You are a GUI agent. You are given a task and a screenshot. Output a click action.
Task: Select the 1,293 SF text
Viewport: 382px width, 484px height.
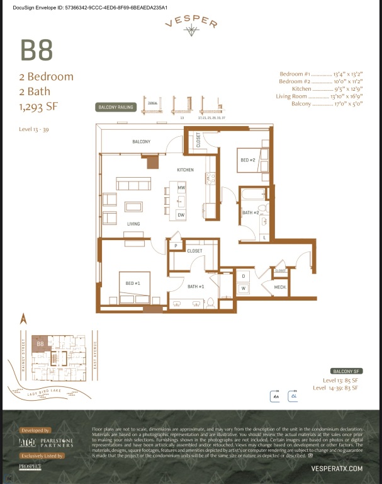(38, 107)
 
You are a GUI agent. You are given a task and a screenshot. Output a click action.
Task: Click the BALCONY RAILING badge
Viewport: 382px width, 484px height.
(116, 107)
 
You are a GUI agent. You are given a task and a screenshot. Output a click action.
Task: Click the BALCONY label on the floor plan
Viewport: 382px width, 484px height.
(141, 142)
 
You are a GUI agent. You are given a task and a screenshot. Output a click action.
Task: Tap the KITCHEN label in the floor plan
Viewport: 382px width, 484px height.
(185, 170)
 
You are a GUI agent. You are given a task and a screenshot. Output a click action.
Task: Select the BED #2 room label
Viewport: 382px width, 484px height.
(247, 160)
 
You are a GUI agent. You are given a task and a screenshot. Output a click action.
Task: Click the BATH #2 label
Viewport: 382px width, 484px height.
(251, 212)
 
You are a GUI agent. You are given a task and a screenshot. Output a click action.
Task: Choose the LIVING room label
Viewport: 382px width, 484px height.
(133, 224)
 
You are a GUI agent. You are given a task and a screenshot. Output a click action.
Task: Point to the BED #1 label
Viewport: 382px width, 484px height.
(132, 283)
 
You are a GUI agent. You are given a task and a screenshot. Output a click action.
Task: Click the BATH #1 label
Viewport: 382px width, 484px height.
(196, 287)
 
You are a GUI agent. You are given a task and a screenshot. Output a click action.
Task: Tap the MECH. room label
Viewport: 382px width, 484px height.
(280, 287)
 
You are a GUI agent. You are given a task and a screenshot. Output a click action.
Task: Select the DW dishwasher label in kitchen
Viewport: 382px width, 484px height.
(181, 215)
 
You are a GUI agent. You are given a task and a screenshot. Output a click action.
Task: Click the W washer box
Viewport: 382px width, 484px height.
(243, 288)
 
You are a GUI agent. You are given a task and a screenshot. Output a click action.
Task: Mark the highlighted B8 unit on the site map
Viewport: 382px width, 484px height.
(40, 344)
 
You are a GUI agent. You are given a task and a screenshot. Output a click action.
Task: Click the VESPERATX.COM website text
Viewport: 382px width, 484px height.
(337, 468)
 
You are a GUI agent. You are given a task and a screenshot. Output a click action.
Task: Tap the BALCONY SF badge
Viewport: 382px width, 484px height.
(344, 371)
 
